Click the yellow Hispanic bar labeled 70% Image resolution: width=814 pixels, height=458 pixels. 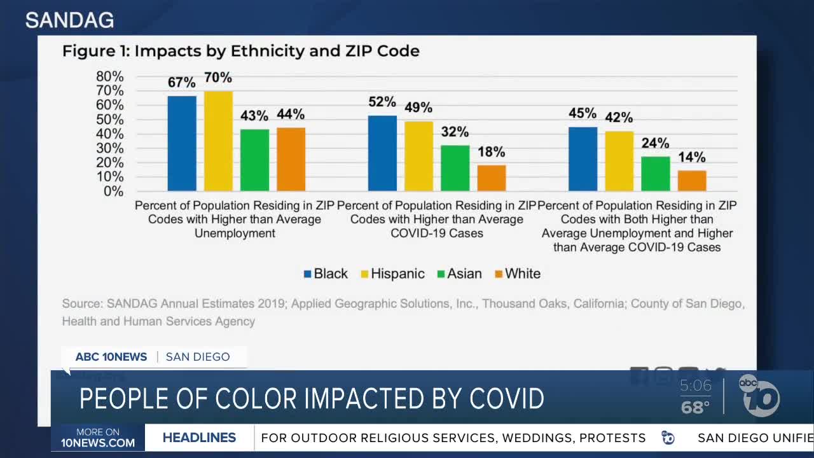click(218, 141)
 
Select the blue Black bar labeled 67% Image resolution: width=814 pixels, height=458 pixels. click(182, 143)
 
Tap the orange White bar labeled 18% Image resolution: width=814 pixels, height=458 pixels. click(492, 177)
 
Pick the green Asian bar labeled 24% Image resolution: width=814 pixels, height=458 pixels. click(656, 173)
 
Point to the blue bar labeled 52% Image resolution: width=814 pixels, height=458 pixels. click(382, 153)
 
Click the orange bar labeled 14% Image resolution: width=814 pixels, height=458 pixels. click(692, 181)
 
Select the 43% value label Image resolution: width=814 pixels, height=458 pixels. click(254, 116)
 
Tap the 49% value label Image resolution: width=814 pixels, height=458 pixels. click(418, 108)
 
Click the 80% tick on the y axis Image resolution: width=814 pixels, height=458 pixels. click(109, 76)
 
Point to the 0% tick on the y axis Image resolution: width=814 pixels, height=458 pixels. click(113, 191)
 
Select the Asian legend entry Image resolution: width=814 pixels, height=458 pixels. click(459, 274)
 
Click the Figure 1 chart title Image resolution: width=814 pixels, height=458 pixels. click(240, 51)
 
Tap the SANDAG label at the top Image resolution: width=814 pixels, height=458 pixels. click(69, 20)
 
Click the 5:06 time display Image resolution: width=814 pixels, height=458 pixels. click(696, 385)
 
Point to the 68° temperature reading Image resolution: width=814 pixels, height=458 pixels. click(695, 407)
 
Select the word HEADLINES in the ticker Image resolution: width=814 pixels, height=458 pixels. click(199, 438)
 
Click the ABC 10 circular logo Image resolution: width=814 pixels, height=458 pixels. click(759, 396)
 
